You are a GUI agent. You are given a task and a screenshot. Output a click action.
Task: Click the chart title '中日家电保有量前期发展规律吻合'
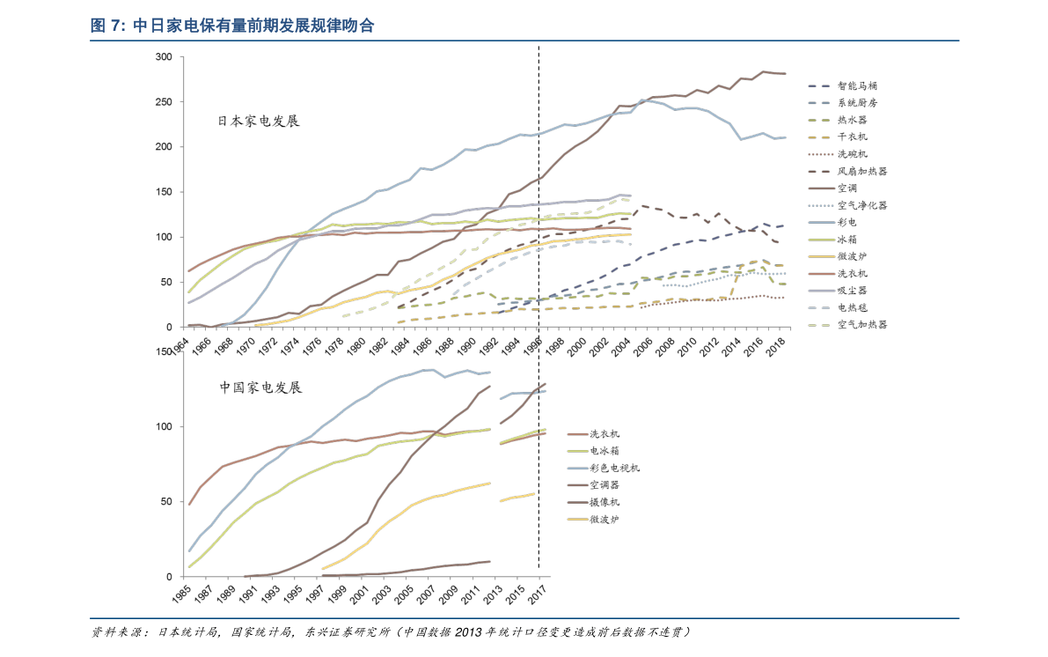point(253,26)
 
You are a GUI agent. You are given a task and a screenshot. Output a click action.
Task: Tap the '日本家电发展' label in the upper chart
point(259,121)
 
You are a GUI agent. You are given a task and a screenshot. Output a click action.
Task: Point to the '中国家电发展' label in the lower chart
point(260,388)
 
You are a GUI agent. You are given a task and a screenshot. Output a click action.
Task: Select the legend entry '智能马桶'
point(856,86)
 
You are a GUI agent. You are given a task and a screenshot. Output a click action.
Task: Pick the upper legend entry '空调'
point(846,188)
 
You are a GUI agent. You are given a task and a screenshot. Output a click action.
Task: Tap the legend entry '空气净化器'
point(861,205)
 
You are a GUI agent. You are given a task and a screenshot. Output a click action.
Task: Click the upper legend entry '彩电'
point(846,223)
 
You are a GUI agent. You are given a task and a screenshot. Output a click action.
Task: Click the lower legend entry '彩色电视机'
point(614,469)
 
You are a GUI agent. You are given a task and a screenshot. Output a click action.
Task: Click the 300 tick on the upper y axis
point(163,57)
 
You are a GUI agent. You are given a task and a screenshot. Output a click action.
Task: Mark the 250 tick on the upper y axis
point(163,102)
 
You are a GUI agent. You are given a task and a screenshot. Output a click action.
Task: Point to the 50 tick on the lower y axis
point(165,502)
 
